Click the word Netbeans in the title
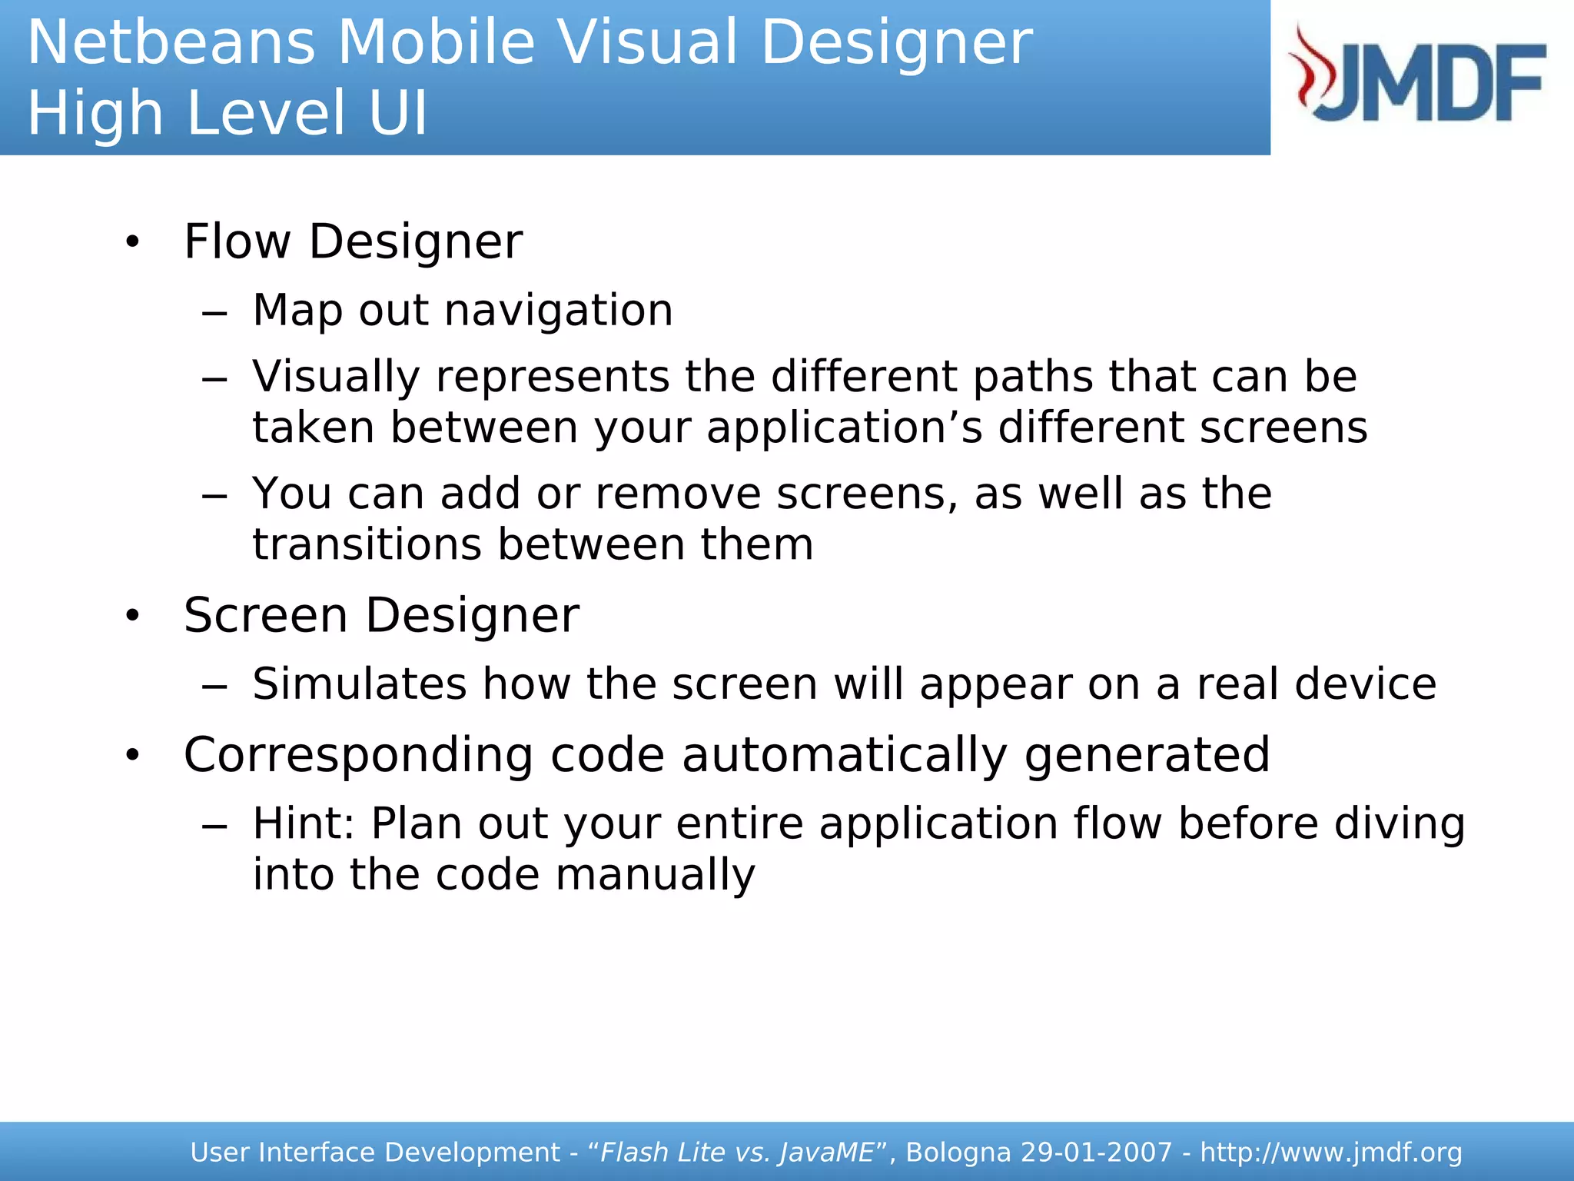[x=171, y=43]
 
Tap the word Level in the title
[x=265, y=114]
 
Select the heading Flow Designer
[x=353, y=242]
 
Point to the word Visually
[x=336, y=378]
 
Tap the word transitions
[x=367, y=545]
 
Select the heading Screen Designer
[x=381, y=616]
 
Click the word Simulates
[x=359, y=684]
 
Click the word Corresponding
[x=358, y=755]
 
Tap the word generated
[x=1147, y=755]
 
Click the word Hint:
[x=304, y=824]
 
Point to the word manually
[x=655, y=875]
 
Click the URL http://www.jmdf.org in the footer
[x=1330, y=1153]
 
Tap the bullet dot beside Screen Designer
[x=133, y=616]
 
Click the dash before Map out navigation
[x=214, y=314]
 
